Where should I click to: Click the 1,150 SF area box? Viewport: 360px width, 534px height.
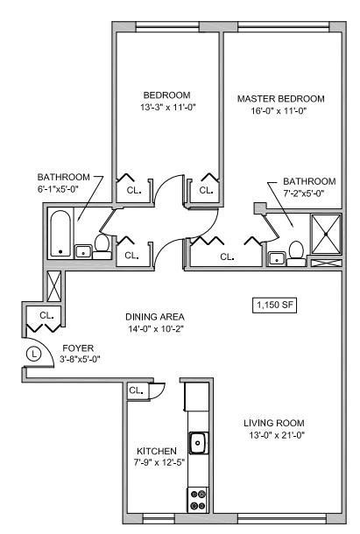274,305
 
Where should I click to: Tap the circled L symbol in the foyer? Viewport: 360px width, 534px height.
34,354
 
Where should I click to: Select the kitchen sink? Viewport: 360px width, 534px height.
198,443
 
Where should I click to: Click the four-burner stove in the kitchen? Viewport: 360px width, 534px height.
197,499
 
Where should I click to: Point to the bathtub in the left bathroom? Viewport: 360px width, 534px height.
60,234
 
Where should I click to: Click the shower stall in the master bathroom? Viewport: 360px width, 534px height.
326,234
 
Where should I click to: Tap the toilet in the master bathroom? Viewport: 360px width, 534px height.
296,254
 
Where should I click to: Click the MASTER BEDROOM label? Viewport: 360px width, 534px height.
281,99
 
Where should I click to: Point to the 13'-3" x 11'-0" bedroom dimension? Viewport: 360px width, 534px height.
167,108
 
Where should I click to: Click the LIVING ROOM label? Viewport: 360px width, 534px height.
274,423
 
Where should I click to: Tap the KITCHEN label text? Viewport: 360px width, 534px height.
157,451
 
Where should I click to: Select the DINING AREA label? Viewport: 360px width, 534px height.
155,317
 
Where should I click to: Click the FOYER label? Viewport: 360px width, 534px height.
78,348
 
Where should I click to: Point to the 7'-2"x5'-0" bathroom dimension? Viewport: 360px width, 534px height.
303,193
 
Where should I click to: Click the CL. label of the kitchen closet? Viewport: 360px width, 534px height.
136,390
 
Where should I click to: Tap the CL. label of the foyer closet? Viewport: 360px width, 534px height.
46,315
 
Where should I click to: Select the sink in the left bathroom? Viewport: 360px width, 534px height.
83,252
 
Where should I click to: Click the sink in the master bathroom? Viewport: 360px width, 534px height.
277,259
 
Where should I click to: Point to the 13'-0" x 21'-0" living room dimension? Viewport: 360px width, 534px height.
277,435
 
